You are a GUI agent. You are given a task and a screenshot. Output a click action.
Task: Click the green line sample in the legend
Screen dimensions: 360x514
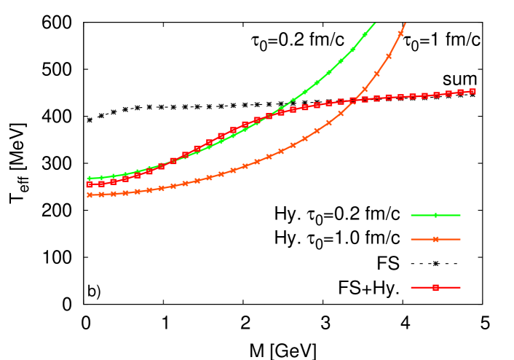435,215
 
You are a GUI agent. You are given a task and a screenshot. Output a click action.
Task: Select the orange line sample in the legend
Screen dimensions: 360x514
435,239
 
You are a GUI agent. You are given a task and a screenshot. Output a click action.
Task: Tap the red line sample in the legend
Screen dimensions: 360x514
435,287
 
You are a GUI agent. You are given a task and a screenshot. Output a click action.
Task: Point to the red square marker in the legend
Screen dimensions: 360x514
435,287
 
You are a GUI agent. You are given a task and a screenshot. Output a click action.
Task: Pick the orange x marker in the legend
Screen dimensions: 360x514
435,239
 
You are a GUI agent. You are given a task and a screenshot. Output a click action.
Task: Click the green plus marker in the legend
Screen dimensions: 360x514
435,215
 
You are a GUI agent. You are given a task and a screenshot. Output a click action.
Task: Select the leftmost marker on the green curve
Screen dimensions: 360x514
90,178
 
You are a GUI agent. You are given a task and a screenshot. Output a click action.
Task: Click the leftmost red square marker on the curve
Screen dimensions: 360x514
90,185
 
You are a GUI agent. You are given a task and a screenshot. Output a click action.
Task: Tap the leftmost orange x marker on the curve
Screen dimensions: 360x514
90,195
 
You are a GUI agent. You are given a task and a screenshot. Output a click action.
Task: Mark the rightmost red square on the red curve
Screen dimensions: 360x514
473,91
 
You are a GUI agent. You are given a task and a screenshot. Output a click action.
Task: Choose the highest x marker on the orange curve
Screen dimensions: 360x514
400,34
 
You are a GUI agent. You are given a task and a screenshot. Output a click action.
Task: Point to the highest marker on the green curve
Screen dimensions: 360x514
365,34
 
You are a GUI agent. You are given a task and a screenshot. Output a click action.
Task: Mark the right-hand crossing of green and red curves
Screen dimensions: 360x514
269,116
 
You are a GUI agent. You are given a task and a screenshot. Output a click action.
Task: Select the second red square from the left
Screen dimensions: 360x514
101,184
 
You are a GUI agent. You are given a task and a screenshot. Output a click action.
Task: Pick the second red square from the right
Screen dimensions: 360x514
460,92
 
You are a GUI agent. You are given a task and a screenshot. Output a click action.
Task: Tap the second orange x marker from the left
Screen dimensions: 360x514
101,195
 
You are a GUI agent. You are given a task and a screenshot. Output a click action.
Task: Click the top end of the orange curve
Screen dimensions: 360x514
405,23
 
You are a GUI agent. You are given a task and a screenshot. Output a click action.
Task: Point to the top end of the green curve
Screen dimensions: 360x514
374,23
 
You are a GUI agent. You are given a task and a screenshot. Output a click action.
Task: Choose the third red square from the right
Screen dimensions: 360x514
448,93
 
